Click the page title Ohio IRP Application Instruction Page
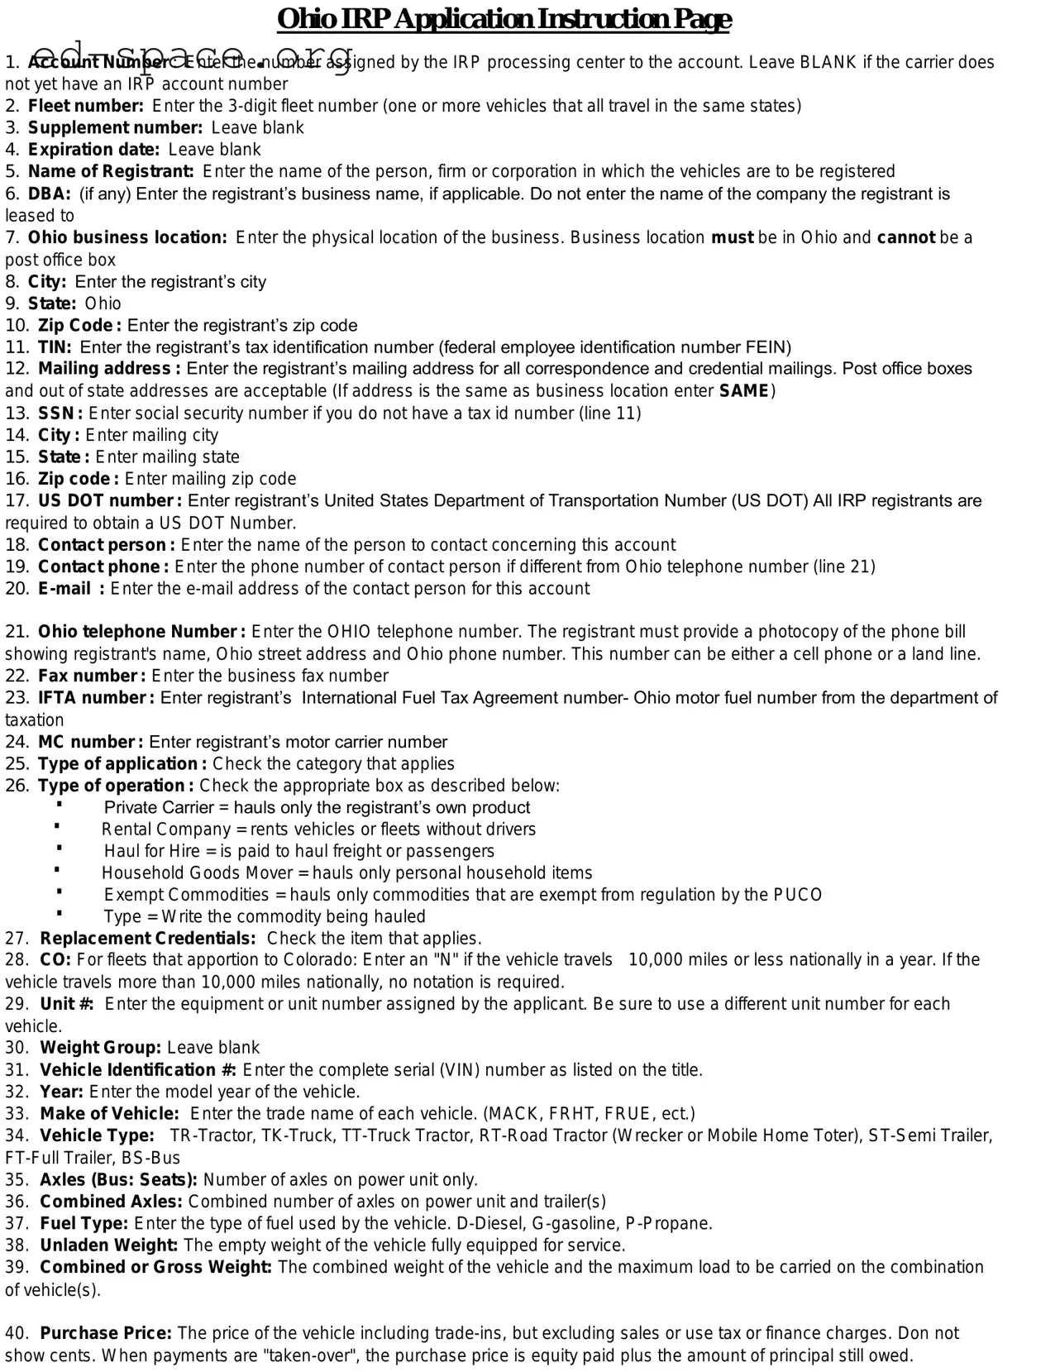(x=504, y=18)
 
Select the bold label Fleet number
(x=85, y=106)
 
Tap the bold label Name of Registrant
(x=111, y=171)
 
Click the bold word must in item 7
(x=732, y=237)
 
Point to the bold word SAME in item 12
(x=744, y=390)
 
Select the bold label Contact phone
(x=103, y=566)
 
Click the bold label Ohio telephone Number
(x=141, y=632)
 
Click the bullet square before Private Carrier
(x=60, y=804)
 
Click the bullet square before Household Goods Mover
(x=57, y=869)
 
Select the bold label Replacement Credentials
(x=148, y=938)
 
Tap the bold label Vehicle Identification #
(x=138, y=1070)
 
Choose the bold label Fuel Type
(x=84, y=1223)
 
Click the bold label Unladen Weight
(x=108, y=1245)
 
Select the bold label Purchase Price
(x=106, y=1333)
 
